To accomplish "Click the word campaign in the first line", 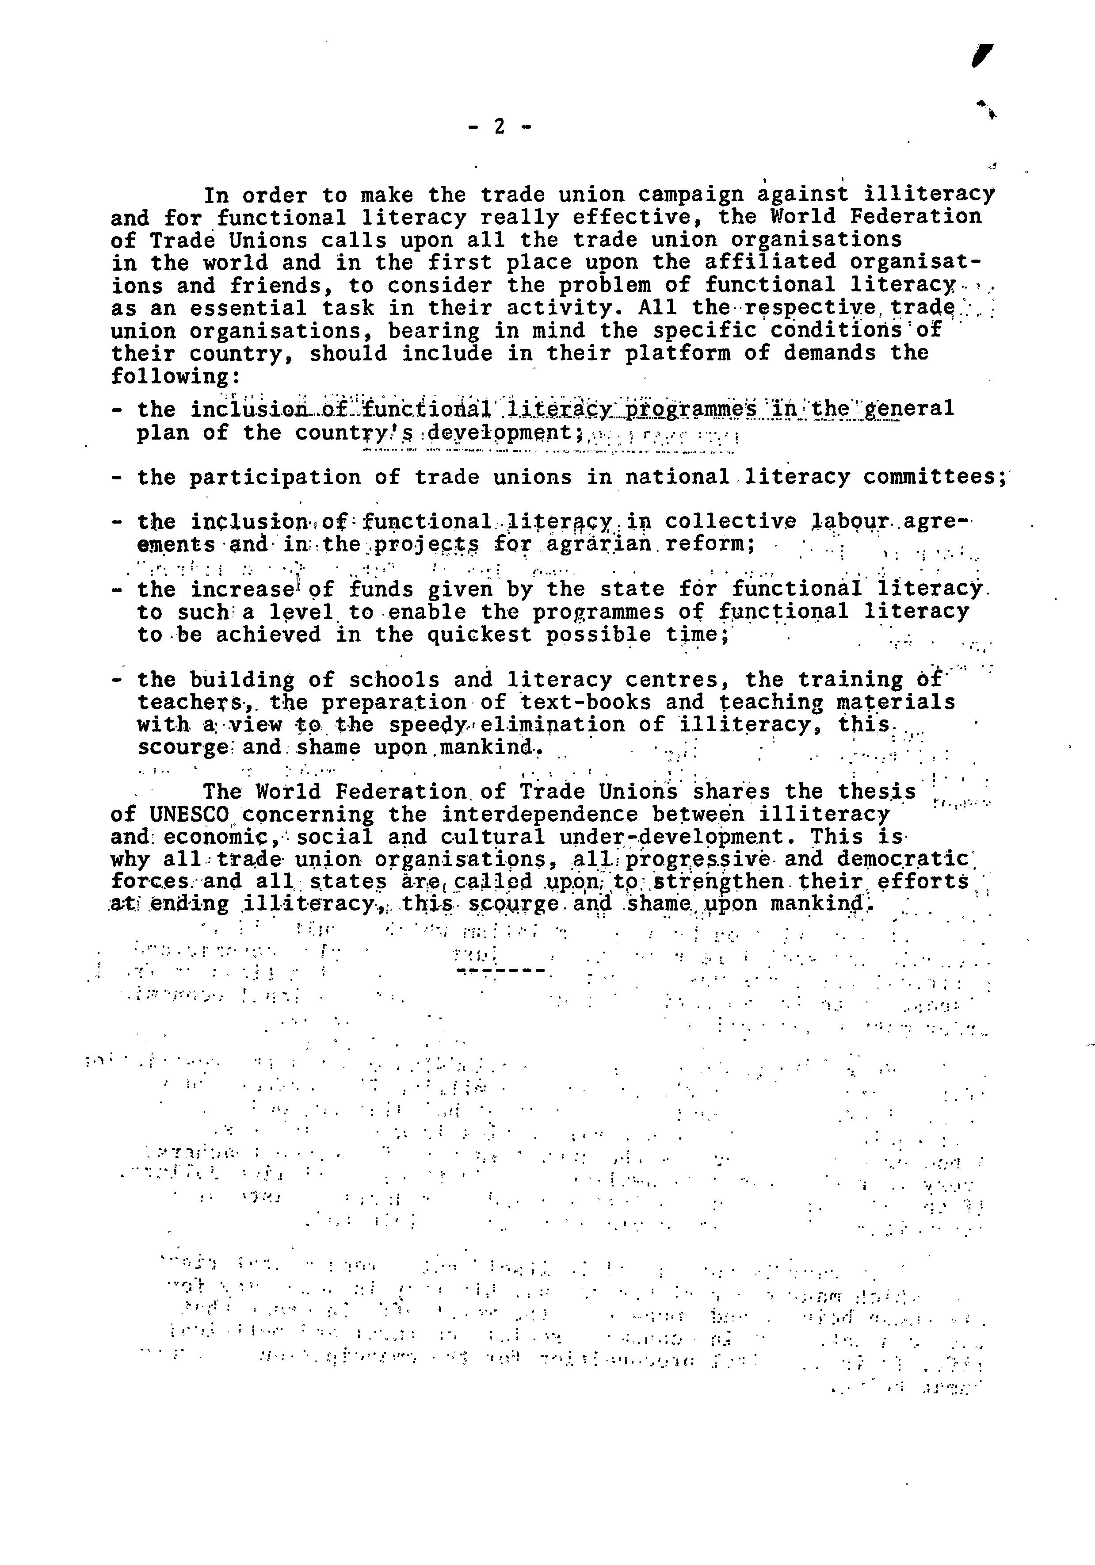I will click(x=692, y=195).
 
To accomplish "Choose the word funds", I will click(x=381, y=589).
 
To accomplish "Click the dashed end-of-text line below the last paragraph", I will click(x=501, y=970).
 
